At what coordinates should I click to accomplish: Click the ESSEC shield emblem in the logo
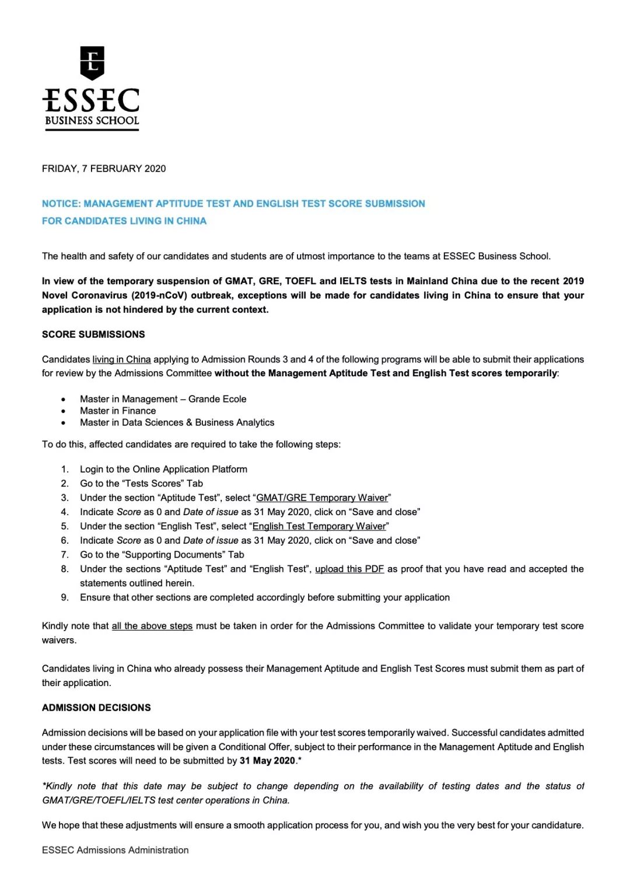tap(92, 62)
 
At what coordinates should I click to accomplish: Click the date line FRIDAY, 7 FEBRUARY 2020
tap(104, 169)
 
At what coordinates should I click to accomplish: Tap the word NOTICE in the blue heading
tap(61, 204)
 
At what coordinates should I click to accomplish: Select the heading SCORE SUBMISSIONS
tap(93, 334)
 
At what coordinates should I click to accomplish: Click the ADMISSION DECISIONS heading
tap(96, 708)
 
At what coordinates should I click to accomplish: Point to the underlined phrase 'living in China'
tap(121, 359)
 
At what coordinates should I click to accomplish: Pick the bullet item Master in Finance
tap(118, 411)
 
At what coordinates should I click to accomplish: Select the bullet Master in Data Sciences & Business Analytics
tap(177, 422)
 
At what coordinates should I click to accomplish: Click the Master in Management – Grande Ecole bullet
tap(163, 399)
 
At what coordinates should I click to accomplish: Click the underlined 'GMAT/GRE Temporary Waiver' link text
tap(322, 498)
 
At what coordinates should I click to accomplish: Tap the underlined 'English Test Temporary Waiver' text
tap(319, 526)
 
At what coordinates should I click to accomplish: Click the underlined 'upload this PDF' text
tap(349, 569)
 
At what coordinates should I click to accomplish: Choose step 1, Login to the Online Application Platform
tap(163, 469)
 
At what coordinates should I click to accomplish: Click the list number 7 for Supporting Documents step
tap(65, 555)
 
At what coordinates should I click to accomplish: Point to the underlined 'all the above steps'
tap(152, 626)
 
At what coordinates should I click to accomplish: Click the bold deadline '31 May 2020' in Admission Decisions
tap(267, 761)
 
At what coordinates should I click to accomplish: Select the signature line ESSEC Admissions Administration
tap(116, 850)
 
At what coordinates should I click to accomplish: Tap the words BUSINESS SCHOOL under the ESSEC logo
tap(92, 121)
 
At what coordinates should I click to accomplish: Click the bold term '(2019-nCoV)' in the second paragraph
tap(159, 295)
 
